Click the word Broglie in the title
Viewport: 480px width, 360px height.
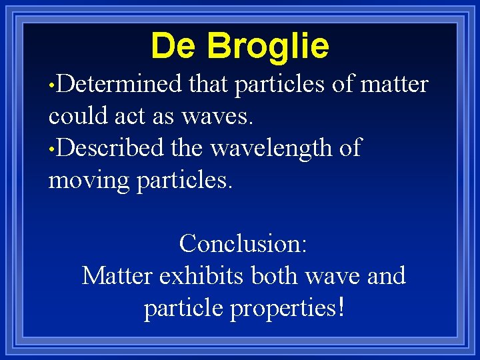(x=268, y=47)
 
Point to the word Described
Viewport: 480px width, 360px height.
(x=110, y=148)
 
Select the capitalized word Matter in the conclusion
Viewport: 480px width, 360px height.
(x=118, y=275)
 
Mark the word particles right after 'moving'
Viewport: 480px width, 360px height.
(x=184, y=181)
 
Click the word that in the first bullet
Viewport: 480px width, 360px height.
(x=209, y=85)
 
